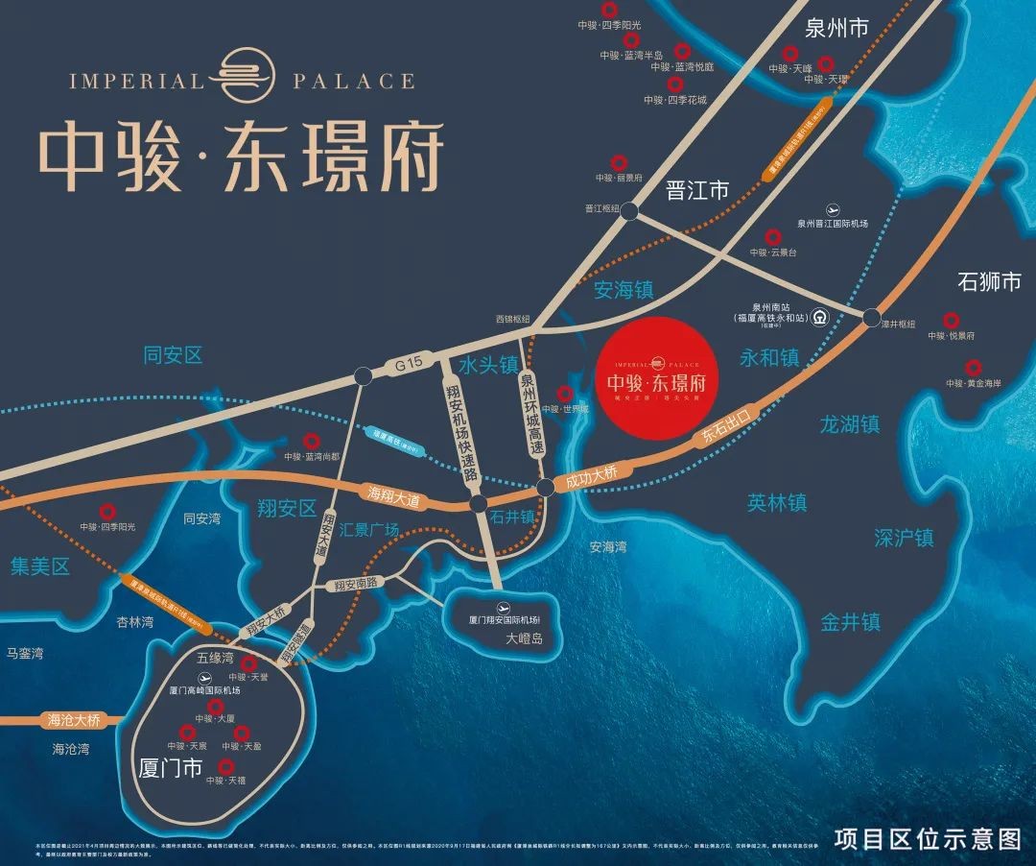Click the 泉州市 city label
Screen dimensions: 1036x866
coord(836,28)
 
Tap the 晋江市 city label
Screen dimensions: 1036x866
coord(697,190)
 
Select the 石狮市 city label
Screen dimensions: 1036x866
coord(990,282)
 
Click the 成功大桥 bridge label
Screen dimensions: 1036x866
coord(592,474)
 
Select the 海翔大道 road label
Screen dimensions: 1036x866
coord(394,495)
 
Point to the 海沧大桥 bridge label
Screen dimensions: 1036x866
coord(74,719)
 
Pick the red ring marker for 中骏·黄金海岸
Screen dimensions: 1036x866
coord(974,367)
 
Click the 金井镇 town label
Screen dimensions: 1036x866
coord(850,622)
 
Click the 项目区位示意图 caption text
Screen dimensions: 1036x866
coord(928,837)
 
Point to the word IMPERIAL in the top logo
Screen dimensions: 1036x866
coord(136,81)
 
